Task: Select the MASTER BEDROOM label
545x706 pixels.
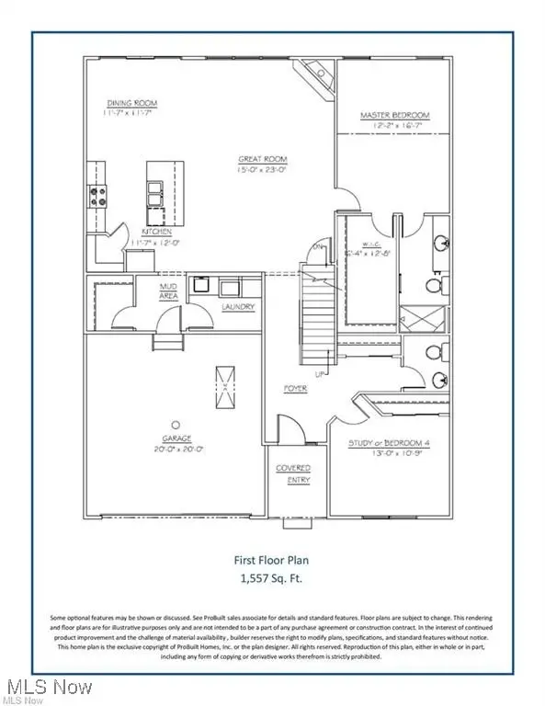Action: (x=394, y=116)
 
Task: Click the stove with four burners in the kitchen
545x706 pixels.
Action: (x=97, y=195)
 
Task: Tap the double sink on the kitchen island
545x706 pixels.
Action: (x=153, y=191)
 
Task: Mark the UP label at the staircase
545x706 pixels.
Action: (x=319, y=375)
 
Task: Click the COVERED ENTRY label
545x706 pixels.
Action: (x=293, y=473)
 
